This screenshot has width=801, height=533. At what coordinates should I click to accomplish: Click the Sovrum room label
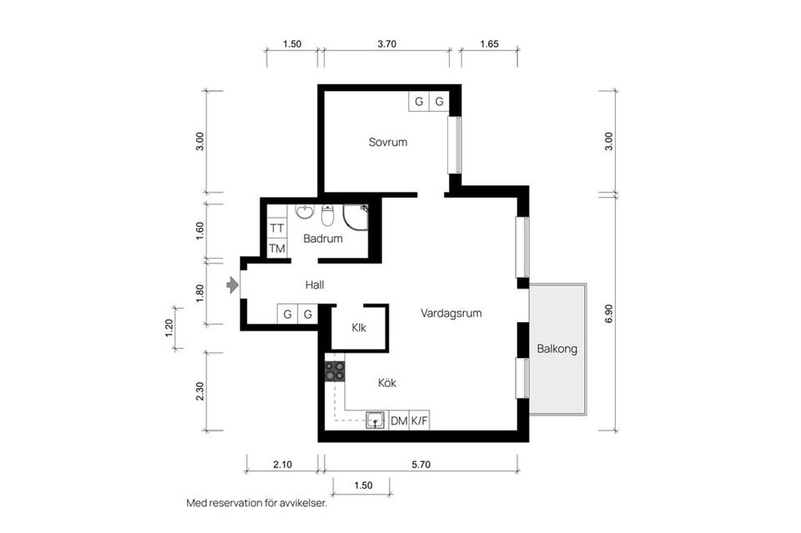coord(388,142)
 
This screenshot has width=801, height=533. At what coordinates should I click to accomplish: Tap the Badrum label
coord(323,239)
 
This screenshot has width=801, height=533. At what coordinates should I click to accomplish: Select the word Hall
coord(315,285)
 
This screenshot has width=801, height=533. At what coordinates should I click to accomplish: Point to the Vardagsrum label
coord(451,314)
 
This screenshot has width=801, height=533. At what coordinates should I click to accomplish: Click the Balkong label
coord(557,349)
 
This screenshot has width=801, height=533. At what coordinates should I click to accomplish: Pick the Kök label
coord(386,383)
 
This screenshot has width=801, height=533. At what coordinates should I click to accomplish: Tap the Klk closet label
coord(359,328)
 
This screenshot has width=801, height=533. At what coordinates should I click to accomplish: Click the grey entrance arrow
coord(232,286)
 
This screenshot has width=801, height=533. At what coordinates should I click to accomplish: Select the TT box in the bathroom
coord(277,228)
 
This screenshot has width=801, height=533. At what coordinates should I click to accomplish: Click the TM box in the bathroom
coord(277,248)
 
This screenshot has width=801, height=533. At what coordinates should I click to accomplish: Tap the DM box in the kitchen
coord(399,421)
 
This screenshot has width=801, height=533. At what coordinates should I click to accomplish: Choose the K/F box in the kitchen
coord(420,421)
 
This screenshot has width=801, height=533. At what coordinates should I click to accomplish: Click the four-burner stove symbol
coord(335,371)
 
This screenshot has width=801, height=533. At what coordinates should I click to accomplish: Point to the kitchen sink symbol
coord(376,420)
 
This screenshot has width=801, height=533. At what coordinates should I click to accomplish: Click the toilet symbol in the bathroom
coord(327,216)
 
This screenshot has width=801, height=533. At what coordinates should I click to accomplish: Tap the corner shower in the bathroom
coord(357,216)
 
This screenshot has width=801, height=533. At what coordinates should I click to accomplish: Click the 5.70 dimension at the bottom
coord(421,465)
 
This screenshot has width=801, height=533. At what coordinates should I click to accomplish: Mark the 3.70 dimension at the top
coord(386,44)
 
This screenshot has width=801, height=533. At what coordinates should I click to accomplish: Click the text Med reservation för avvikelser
coord(256,504)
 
